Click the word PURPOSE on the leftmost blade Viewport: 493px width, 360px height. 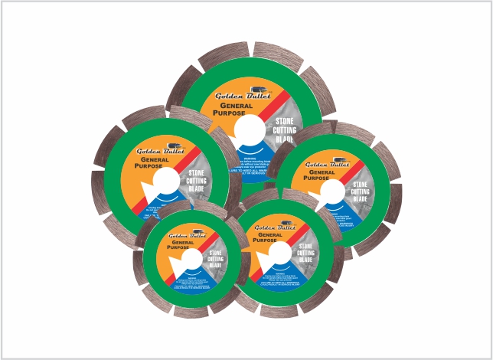151,165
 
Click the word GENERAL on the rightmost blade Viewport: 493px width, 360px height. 322,174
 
